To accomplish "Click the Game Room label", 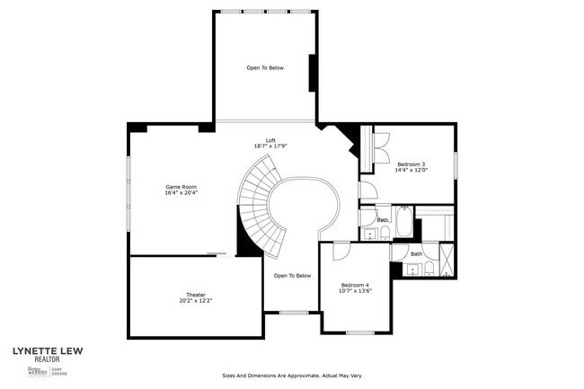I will [x=181, y=186].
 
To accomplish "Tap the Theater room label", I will [x=196, y=294].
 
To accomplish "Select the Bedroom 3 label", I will [x=411, y=164].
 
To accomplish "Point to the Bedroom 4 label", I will [x=354, y=285].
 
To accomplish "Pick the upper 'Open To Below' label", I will [x=265, y=67].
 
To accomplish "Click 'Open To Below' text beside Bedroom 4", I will [x=292, y=276].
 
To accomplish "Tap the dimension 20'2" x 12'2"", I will [x=196, y=301].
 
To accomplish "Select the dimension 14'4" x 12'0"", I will [x=411, y=171].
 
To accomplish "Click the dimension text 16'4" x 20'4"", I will [x=181, y=193].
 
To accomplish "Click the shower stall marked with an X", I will [x=447, y=261].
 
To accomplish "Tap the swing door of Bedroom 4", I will [x=341, y=251].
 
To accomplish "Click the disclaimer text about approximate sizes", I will [x=292, y=376].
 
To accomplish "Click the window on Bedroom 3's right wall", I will [x=456, y=164].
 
